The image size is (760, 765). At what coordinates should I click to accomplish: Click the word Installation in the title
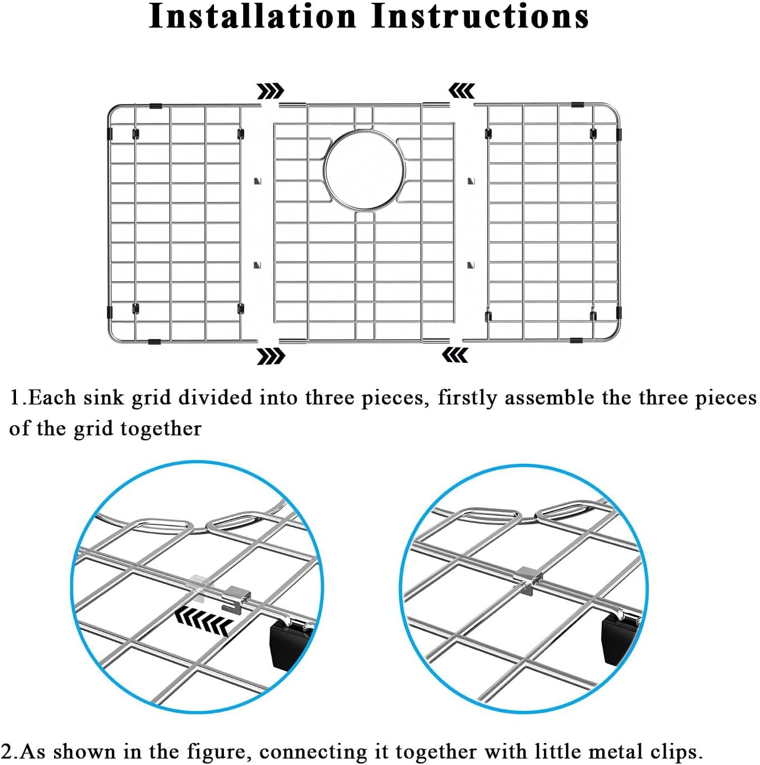coord(253,17)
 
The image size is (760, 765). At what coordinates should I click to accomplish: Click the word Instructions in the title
coord(480,17)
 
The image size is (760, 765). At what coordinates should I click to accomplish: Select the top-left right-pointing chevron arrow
coord(270,91)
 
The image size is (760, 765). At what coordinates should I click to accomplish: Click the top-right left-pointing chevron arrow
coord(462,90)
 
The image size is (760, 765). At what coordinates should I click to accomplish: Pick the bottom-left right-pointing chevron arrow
coord(270,356)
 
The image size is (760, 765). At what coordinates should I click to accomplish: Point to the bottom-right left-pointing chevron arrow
coord(456,355)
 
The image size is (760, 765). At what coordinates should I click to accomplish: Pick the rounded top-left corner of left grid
coord(113,110)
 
